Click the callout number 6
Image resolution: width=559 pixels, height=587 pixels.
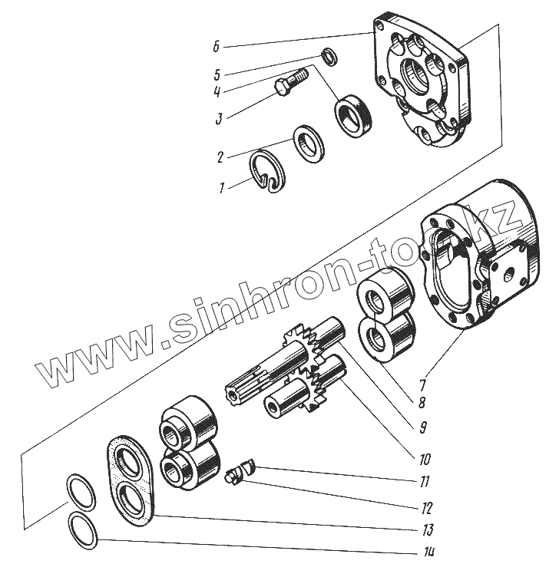pos(217,47)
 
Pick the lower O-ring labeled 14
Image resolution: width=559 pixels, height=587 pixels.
pos(82,531)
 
